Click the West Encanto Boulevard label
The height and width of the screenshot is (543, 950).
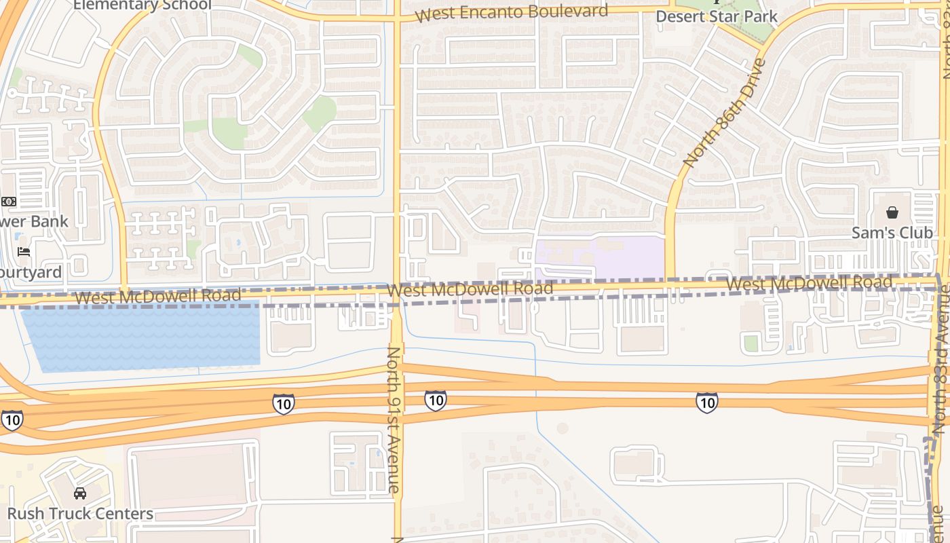click(512, 13)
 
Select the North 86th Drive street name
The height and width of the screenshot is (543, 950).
click(724, 113)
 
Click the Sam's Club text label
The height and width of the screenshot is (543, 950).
click(892, 233)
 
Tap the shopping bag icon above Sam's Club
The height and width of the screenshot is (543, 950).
click(892, 212)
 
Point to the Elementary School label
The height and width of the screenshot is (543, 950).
click(142, 5)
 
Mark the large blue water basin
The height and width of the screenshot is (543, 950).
click(141, 337)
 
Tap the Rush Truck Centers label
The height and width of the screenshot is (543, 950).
click(80, 513)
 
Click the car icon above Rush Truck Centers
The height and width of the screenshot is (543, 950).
click(80, 493)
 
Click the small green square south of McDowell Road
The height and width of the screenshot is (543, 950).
click(750, 343)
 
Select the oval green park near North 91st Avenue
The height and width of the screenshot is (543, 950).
click(320, 113)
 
